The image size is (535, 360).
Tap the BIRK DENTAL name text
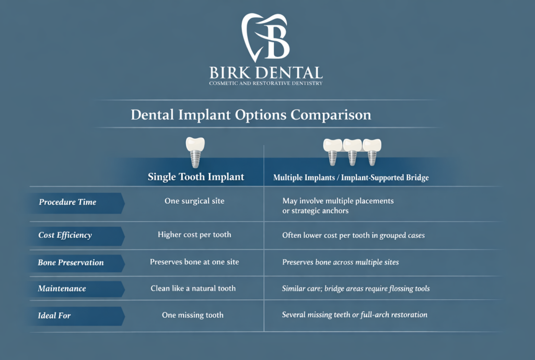tap(265, 72)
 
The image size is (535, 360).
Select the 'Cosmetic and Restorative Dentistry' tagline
tap(265, 84)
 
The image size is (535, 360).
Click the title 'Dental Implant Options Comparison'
tap(251, 114)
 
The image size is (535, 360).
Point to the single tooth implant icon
tap(195, 150)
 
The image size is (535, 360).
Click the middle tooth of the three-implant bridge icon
tap(352, 150)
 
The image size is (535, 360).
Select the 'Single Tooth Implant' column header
tap(196, 177)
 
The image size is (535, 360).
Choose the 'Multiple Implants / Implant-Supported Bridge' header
tap(351, 178)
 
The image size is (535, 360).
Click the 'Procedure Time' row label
tap(67, 202)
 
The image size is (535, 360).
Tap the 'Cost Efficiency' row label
tap(65, 235)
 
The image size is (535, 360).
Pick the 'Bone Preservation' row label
tap(71, 263)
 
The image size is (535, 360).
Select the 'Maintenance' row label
tap(62, 288)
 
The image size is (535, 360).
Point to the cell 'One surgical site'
tap(194, 201)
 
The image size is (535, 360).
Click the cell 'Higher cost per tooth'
tap(194, 235)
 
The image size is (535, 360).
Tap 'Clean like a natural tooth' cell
tap(193, 288)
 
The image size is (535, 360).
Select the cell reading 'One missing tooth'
tap(193, 315)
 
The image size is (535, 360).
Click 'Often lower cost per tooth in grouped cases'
tap(353, 235)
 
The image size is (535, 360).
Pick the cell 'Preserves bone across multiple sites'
tap(340, 262)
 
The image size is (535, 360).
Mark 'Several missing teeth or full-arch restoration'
tap(354, 315)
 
